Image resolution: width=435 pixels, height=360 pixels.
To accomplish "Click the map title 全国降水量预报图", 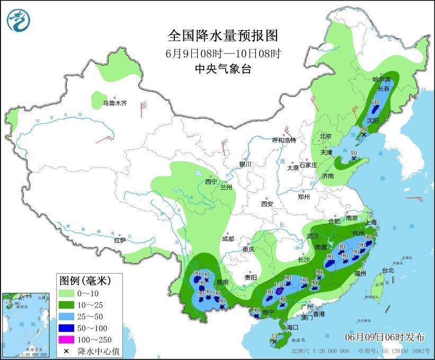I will [223, 36].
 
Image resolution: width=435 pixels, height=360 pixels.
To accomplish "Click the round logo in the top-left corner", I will [19, 20].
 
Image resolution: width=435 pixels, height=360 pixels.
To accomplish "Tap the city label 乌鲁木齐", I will [115, 103].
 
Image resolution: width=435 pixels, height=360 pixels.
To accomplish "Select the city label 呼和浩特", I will [283, 140].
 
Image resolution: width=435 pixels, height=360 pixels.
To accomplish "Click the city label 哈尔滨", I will [380, 79].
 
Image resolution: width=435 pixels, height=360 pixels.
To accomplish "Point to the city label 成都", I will [228, 239].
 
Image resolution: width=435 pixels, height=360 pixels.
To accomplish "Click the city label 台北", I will [388, 270].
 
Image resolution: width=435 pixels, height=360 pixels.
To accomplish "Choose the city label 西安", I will [267, 204].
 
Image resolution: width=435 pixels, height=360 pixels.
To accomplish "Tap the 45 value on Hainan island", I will [274, 336].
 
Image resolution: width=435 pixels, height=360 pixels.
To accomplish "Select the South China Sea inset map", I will [26, 324].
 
